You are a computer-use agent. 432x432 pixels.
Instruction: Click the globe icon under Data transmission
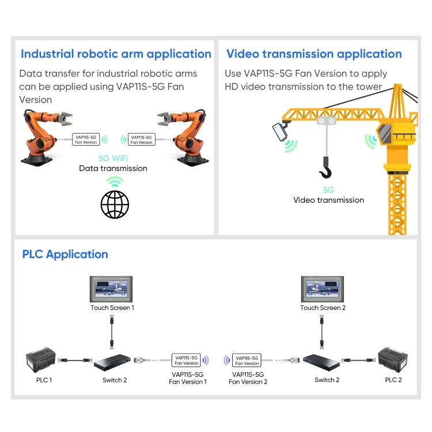pyautogui.click(x=115, y=204)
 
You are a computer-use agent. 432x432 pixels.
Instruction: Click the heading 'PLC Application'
pyautogui.click(x=65, y=254)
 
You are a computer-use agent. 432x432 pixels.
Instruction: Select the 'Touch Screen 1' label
pyautogui.click(x=112, y=308)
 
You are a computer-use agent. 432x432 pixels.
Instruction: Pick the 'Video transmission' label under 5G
pyautogui.click(x=328, y=200)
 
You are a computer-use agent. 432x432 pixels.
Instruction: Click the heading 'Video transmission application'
pyautogui.click(x=314, y=54)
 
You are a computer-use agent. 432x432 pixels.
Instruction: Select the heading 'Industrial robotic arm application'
pyautogui.click(x=116, y=54)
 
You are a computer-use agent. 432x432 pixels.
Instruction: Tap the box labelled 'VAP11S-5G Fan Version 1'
pyautogui.click(x=187, y=360)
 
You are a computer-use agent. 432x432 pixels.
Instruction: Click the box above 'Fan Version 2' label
pyautogui.click(x=247, y=360)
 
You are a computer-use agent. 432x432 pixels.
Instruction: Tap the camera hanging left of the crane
pyautogui.click(x=281, y=130)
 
